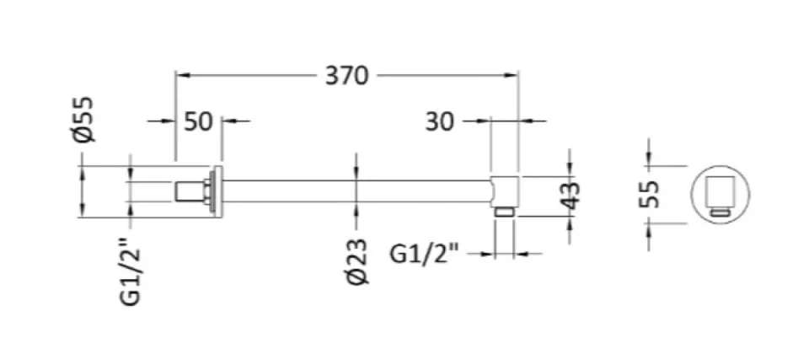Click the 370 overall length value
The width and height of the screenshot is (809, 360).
pos(347,75)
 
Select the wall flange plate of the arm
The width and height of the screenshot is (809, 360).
pos(217,191)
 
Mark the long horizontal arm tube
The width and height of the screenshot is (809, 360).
pos(354,190)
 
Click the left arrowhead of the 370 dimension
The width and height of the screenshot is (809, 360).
pos(181,75)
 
